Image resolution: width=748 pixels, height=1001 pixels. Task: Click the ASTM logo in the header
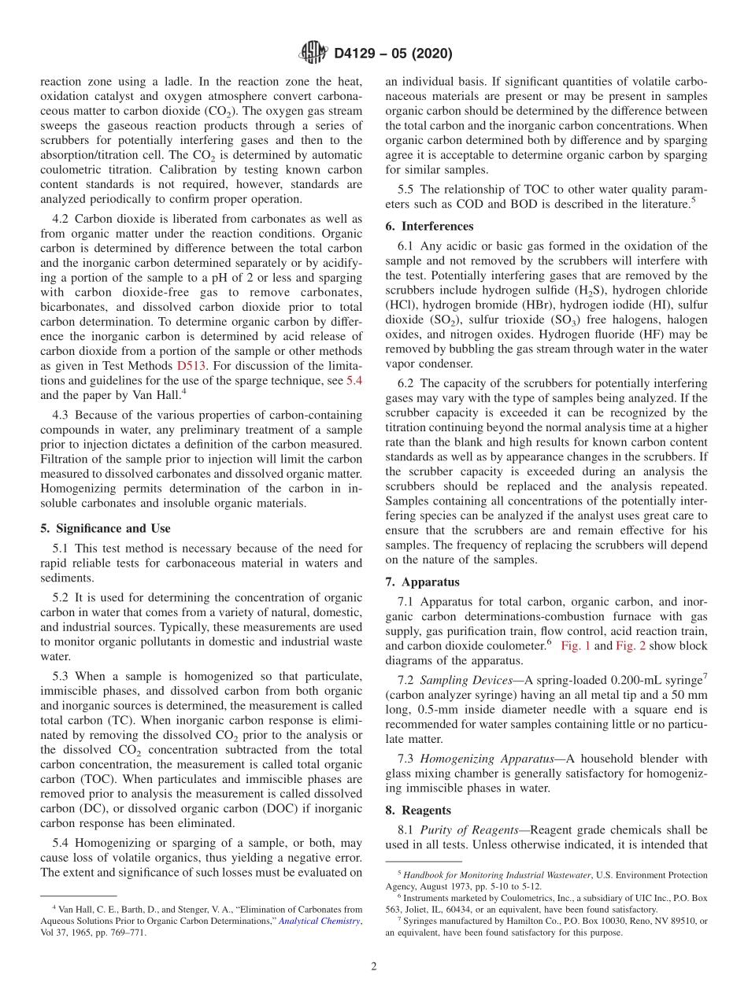[x=313, y=54]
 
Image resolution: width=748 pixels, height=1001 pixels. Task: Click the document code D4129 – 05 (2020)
[x=393, y=54]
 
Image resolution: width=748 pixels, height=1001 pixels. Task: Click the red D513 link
[x=191, y=366]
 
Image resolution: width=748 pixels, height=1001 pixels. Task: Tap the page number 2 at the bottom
[x=374, y=967]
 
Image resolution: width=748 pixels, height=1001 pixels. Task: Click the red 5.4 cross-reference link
[x=354, y=381]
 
